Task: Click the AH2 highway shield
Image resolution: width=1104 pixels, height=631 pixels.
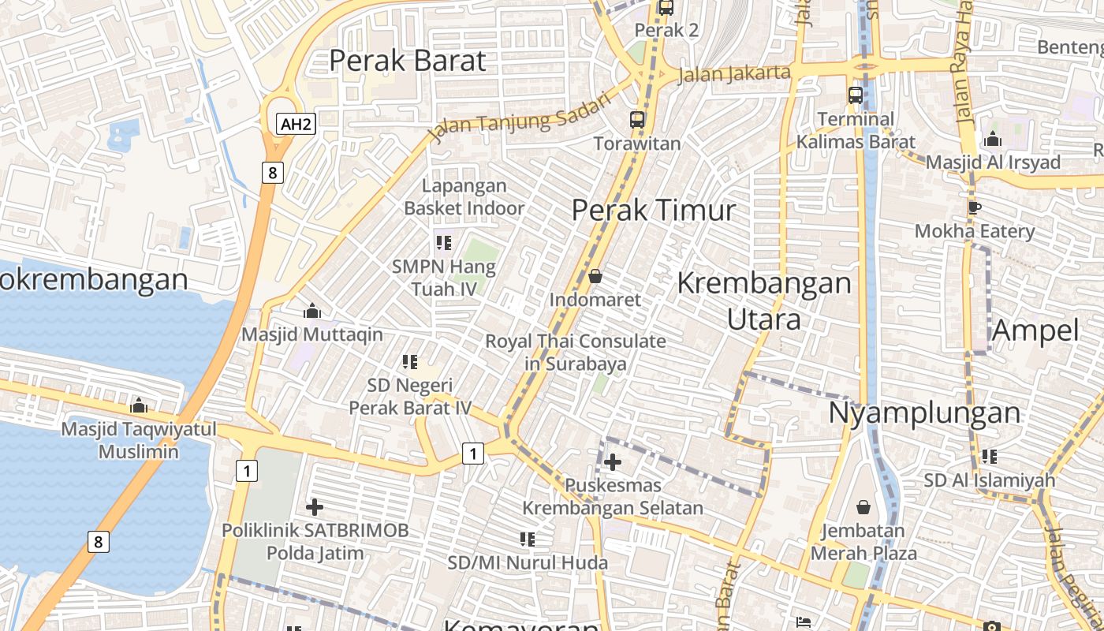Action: pyautogui.click(x=297, y=124)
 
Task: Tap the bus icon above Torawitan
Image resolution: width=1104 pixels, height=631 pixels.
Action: pyautogui.click(x=637, y=120)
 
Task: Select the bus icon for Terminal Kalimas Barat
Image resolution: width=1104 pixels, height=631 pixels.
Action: pyautogui.click(x=856, y=95)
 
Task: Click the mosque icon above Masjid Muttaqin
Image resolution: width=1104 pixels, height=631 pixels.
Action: pyautogui.click(x=312, y=311)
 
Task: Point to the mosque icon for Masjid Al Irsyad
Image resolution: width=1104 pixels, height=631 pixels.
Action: pyautogui.click(x=993, y=140)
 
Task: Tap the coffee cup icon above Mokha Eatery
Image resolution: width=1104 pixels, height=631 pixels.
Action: pyautogui.click(x=975, y=208)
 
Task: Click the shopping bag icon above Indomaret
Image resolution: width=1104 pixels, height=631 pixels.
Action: pyautogui.click(x=595, y=276)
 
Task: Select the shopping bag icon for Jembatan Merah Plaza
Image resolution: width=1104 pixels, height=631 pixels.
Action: pyautogui.click(x=863, y=506)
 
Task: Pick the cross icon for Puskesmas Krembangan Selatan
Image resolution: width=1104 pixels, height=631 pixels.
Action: pyautogui.click(x=613, y=462)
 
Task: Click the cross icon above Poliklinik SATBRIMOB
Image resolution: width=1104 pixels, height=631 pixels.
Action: pyautogui.click(x=315, y=506)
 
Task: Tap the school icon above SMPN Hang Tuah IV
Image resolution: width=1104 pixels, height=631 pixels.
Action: pyautogui.click(x=443, y=243)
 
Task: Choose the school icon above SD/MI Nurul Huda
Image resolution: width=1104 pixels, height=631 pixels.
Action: pyautogui.click(x=528, y=540)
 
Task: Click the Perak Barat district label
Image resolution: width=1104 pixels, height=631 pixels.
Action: pyautogui.click(x=407, y=61)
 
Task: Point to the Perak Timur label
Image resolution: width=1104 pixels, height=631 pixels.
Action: pyautogui.click(x=653, y=210)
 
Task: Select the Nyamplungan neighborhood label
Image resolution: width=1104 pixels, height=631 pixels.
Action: pyautogui.click(x=924, y=413)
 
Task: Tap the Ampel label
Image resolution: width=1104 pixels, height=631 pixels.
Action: pyautogui.click(x=1035, y=330)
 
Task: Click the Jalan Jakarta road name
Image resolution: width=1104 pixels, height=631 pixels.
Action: pyautogui.click(x=733, y=73)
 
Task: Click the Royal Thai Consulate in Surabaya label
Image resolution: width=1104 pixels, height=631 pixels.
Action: pyautogui.click(x=576, y=353)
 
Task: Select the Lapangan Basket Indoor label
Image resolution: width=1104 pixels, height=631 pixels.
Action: pyautogui.click(x=464, y=197)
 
